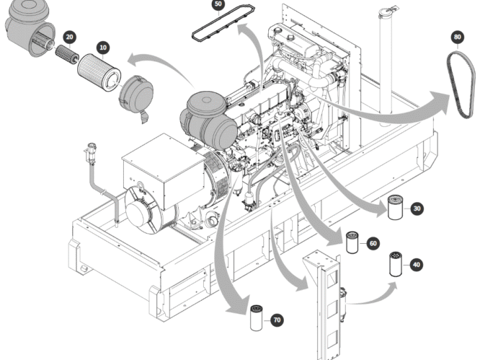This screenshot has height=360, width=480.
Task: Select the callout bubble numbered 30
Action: click(x=417, y=209)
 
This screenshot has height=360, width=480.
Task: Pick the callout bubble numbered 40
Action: click(x=416, y=265)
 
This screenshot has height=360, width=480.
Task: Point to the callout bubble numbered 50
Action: click(x=218, y=5)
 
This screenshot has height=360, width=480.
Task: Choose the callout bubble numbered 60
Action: click(x=372, y=244)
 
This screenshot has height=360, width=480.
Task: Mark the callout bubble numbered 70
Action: click(x=277, y=320)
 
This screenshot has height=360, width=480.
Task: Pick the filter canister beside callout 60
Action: click(x=352, y=242)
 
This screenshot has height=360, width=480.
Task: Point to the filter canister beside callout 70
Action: click(x=257, y=318)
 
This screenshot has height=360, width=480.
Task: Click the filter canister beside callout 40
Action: click(x=395, y=265)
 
